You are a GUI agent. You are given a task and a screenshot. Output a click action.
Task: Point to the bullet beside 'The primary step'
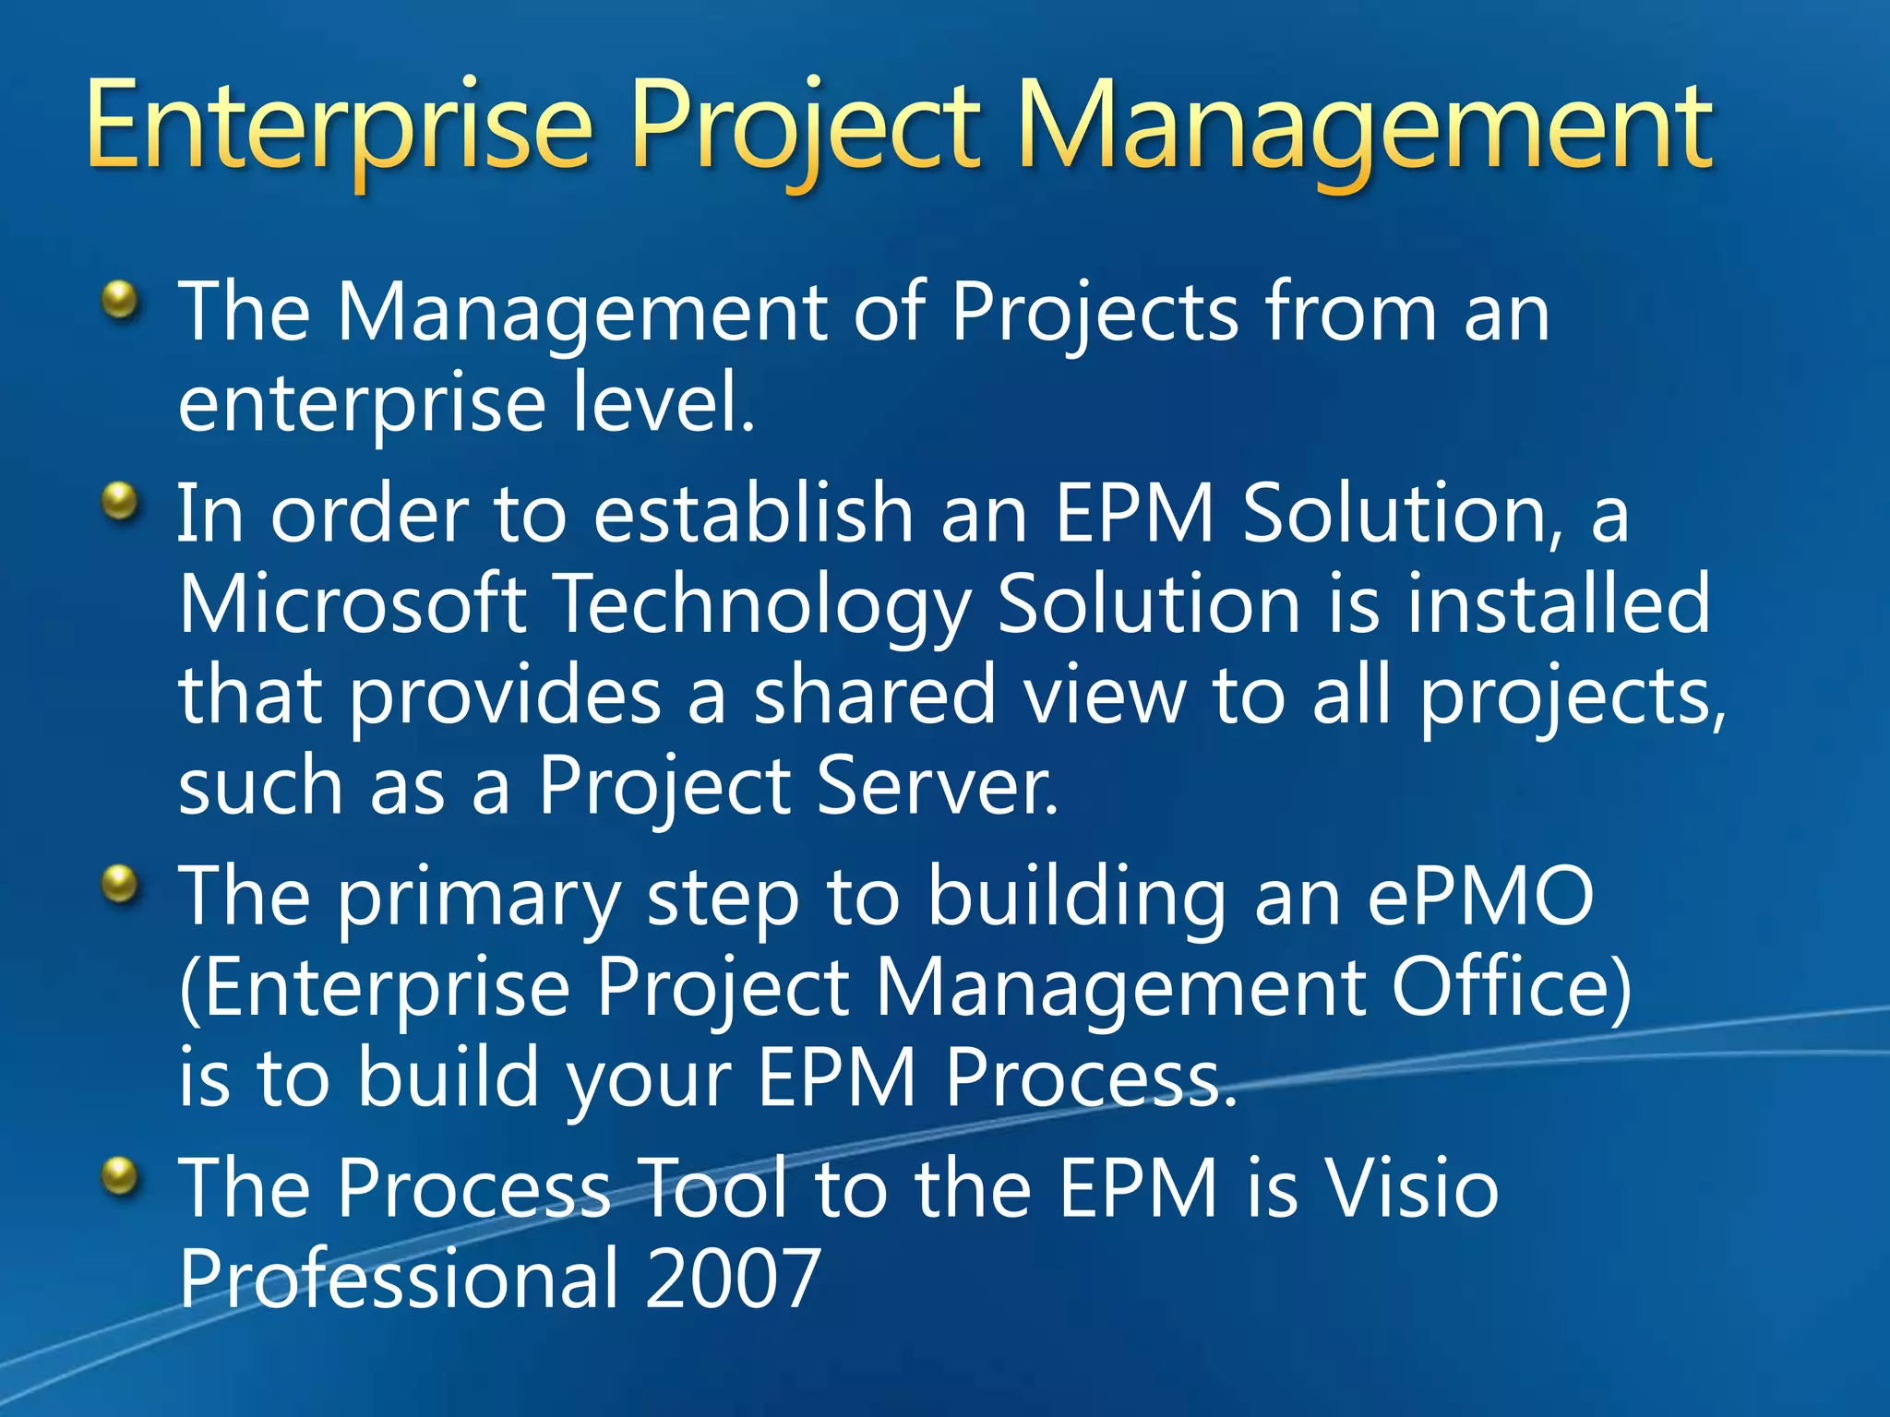point(120,884)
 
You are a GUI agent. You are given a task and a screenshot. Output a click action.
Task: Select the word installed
point(1559,604)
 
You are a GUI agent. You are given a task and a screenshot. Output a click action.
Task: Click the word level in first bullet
point(661,402)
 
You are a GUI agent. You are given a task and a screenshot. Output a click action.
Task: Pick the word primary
point(478,900)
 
